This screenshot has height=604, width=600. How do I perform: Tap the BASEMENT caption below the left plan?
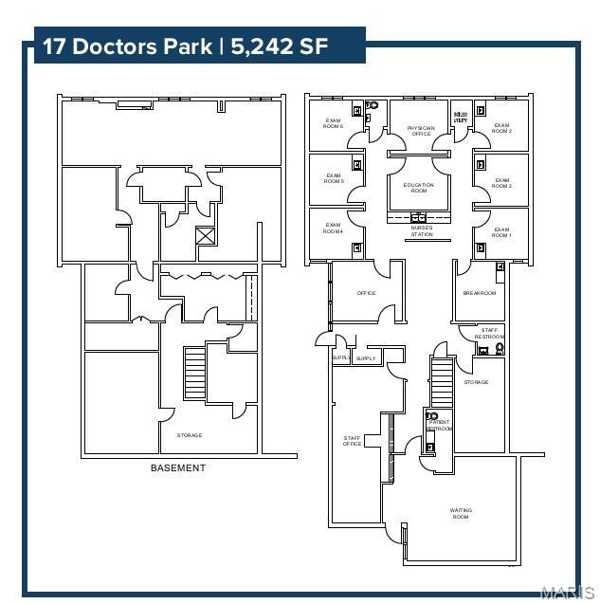(178, 468)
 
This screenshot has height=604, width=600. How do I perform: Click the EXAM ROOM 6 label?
(333, 123)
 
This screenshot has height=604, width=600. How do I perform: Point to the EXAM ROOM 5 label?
(334, 177)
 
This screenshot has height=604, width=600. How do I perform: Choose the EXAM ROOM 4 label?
(333, 229)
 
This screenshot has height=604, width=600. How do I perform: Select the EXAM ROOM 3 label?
(501, 128)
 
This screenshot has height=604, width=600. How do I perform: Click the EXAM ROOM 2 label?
(501, 183)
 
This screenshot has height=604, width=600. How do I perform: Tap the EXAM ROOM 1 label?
(501, 232)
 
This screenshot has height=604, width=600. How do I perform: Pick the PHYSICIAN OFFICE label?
(421, 131)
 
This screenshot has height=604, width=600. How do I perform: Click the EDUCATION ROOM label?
(418, 188)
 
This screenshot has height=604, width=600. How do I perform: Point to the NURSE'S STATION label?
(422, 230)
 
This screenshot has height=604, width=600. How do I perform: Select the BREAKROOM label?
(480, 293)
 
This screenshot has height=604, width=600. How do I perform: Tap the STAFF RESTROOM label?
(489, 333)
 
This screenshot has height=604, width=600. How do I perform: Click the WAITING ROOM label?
(461, 513)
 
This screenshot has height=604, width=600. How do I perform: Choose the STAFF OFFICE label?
(352, 440)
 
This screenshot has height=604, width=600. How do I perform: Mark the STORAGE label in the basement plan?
(190, 435)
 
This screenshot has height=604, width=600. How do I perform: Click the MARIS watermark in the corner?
(567, 593)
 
